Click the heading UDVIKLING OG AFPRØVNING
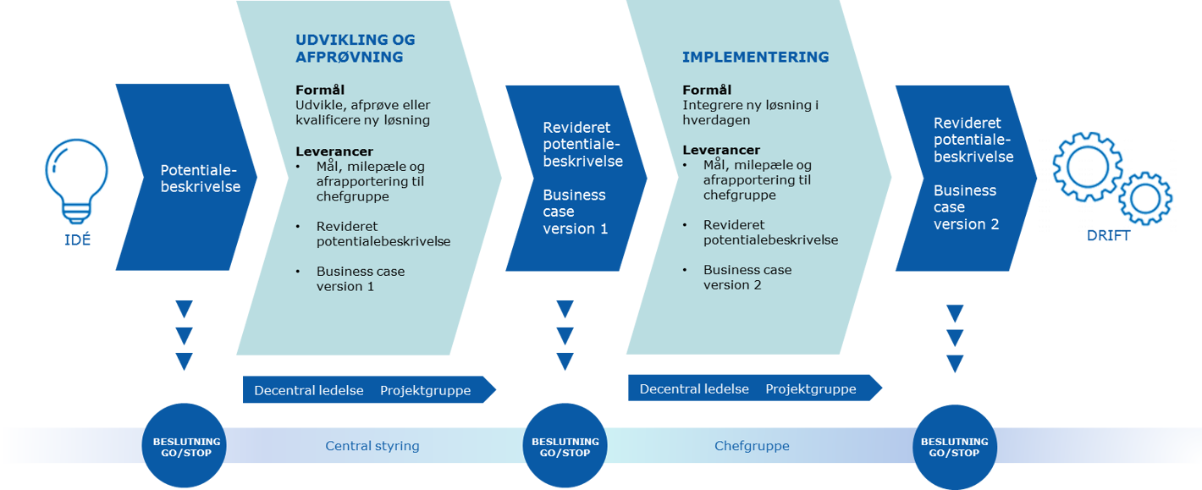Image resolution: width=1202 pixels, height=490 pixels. (x=355, y=49)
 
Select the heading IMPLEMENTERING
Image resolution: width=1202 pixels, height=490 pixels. (x=755, y=58)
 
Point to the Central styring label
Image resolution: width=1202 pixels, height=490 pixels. (x=372, y=446)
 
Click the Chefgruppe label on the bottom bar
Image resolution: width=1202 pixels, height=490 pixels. (x=752, y=446)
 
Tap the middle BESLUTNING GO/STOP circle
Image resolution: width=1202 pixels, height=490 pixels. (x=565, y=446)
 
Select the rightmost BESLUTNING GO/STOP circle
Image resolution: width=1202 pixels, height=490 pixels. (x=954, y=446)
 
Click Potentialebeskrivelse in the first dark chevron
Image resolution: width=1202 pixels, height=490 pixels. (x=201, y=179)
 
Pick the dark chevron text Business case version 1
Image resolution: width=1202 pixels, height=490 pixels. (x=575, y=212)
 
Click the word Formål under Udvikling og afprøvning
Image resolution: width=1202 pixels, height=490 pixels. (x=320, y=90)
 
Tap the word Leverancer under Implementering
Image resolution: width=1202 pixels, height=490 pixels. (x=721, y=150)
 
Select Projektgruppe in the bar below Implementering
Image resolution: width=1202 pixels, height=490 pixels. (x=810, y=389)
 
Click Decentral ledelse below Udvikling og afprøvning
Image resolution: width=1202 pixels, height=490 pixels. (x=309, y=391)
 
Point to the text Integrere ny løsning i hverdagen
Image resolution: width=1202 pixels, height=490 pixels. (x=750, y=113)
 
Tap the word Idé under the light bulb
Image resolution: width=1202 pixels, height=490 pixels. (x=77, y=239)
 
